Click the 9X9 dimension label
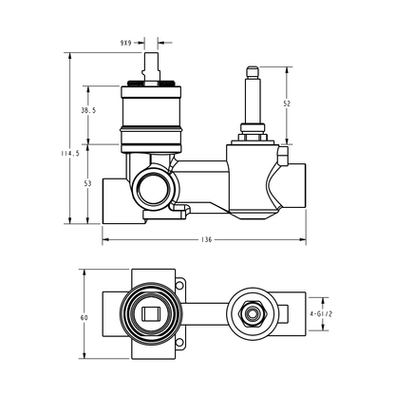click(125, 43)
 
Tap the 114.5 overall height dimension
click(70, 154)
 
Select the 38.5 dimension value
click(88, 110)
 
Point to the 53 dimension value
click(87, 183)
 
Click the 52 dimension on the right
click(287, 103)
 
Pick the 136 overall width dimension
click(206, 239)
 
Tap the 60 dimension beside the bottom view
click(85, 317)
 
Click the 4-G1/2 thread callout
click(321, 314)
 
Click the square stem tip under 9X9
click(151, 67)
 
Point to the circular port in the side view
click(155, 189)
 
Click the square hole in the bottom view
click(151, 314)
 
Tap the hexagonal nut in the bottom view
click(253, 314)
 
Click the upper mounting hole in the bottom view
click(179, 285)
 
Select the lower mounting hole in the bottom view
click(179, 343)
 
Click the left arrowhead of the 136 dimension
click(105, 239)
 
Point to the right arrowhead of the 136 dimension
click(302, 239)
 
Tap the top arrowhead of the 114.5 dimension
click(70, 56)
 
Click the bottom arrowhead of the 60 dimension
click(85, 355)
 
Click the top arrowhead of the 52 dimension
click(287, 70)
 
